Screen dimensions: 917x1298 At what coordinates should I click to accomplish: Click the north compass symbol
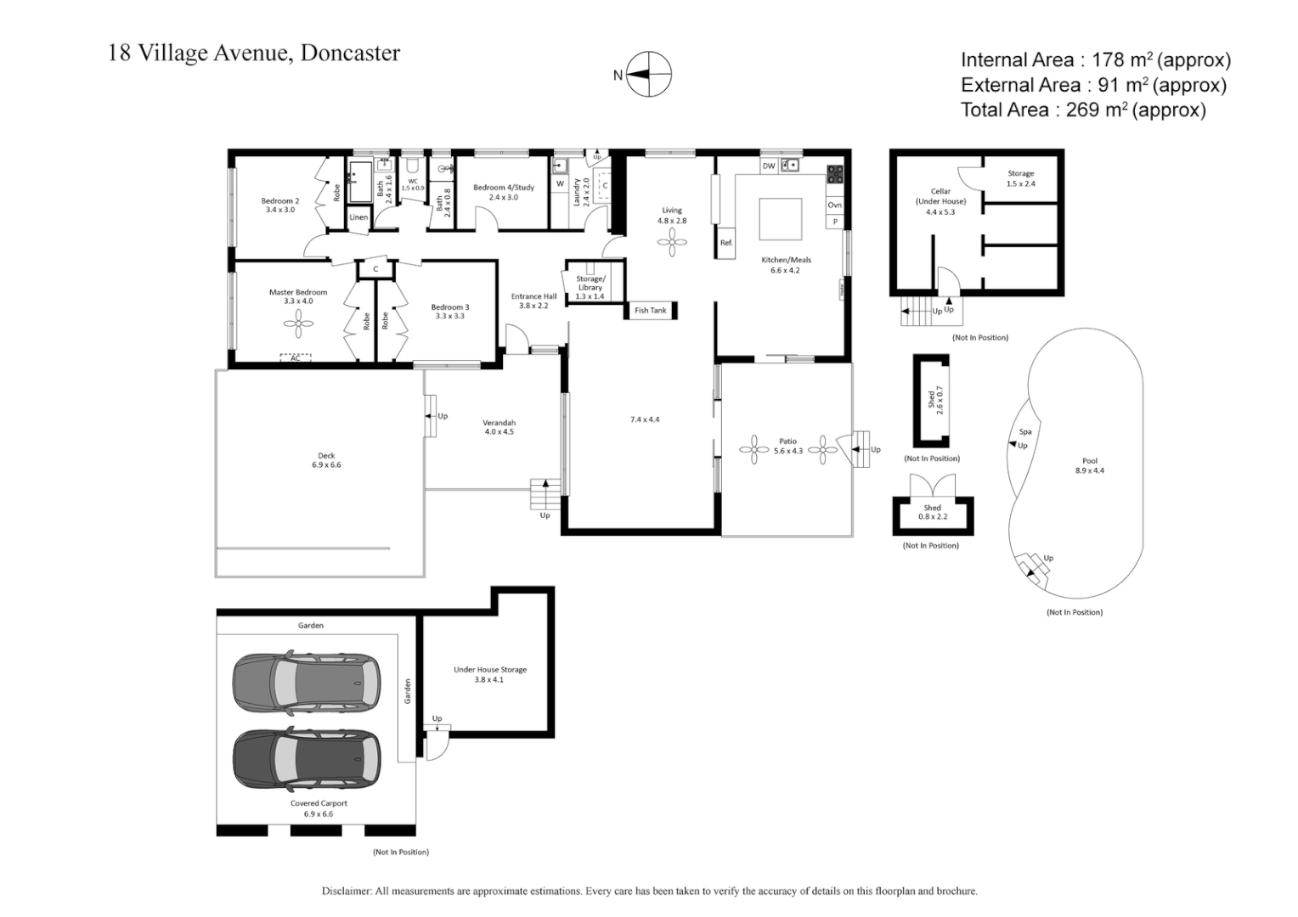[x=649, y=75]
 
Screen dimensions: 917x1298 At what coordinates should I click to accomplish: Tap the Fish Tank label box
[x=651, y=311]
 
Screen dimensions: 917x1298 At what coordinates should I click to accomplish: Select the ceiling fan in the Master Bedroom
[x=298, y=320]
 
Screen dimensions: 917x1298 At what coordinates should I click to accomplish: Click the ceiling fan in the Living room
[x=672, y=245]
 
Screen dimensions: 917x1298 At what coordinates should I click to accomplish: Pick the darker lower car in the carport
[x=306, y=758]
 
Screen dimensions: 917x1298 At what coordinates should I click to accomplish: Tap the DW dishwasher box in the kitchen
[x=768, y=166]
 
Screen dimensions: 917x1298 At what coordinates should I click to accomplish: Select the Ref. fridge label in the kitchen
[x=726, y=244]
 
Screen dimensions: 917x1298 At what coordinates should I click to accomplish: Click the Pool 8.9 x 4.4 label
[x=1090, y=465]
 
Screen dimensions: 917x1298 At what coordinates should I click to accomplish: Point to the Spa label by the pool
[x=1025, y=432]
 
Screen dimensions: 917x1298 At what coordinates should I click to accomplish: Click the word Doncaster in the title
[x=350, y=53]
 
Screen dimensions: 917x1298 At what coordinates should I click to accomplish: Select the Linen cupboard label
[x=359, y=217]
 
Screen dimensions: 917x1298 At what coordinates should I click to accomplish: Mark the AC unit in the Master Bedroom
[x=296, y=358]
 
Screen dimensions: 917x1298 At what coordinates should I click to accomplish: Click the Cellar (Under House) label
[x=940, y=201]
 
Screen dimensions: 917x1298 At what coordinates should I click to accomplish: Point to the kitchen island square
[x=781, y=221]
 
